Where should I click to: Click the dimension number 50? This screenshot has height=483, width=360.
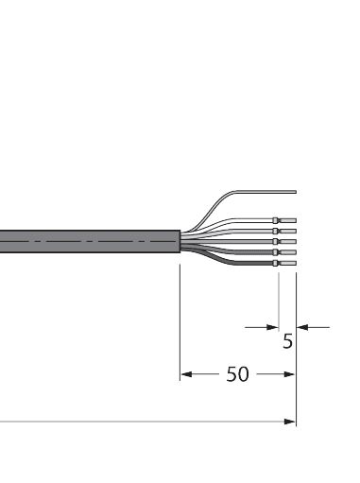[237, 374]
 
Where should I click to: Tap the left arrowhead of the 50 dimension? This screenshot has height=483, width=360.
[186, 374]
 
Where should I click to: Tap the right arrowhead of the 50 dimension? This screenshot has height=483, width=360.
[290, 374]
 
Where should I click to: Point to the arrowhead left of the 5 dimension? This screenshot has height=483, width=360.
[272, 327]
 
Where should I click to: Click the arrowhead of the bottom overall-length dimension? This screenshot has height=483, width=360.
[290, 423]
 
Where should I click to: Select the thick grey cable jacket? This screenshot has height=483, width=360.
[85, 243]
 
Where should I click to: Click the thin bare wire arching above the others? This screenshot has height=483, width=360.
[227, 198]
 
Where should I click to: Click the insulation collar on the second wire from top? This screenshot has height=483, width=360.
[276, 233]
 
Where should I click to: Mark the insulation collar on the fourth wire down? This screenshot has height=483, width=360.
[276, 253]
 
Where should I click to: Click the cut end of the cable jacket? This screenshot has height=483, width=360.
[178, 243]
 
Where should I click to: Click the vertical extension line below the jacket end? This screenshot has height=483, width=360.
[180, 321]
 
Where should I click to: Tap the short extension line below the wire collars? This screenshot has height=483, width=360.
[279, 298]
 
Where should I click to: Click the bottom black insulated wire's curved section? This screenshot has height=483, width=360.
[227, 260]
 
